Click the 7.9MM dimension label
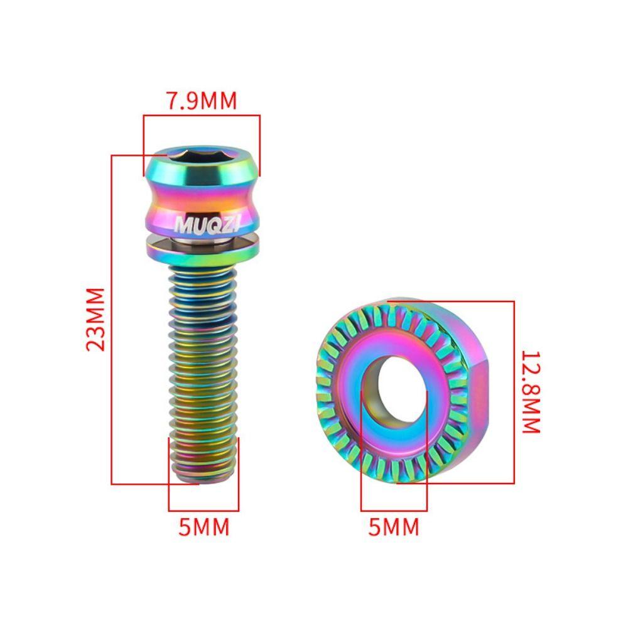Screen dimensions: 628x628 [201, 100]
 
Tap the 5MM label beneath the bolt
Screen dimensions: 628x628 [204, 527]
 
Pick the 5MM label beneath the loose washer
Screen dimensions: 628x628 [394, 527]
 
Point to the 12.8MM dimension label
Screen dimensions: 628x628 [531, 392]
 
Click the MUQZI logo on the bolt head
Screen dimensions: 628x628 [201, 224]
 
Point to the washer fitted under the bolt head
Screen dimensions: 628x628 [201, 247]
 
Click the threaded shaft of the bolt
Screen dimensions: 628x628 [202, 364]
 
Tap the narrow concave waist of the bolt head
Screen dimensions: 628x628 [201, 195]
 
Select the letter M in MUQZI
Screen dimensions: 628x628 [181, 224]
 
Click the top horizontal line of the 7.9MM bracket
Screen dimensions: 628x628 [201, 115]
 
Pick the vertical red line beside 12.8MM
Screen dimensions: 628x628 [514, 392]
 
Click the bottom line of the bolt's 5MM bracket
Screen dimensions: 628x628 [203, 511]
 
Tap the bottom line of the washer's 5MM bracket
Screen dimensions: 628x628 [394, 511]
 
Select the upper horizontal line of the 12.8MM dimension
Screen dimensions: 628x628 [452, 301]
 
